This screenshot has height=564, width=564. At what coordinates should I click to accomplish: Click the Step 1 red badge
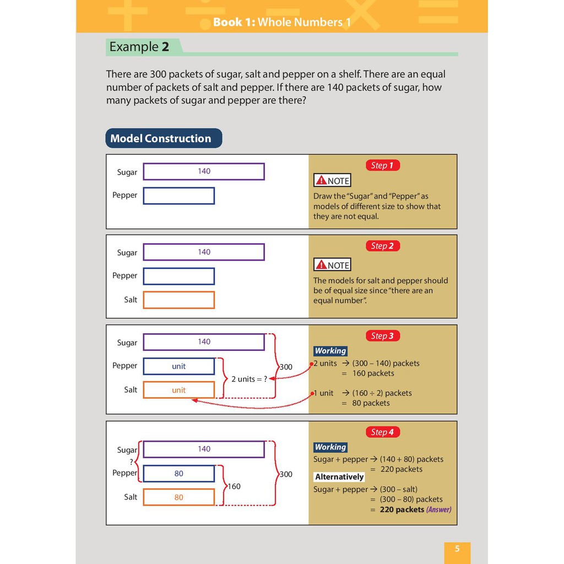point(382,165)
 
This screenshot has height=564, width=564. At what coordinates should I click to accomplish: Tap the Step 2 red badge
point(382,246)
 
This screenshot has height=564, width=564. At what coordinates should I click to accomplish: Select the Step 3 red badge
point(382,336)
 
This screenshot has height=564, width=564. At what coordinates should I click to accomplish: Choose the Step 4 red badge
point(382,432)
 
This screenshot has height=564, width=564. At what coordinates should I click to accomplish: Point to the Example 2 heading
point(139,47)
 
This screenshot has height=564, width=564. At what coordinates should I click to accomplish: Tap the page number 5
point(457,549)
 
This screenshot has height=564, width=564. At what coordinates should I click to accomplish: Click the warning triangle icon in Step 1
point(321,181)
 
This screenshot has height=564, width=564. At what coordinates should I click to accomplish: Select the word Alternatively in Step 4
point(339,477)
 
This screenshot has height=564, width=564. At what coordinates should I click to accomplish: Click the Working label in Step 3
point(330,351)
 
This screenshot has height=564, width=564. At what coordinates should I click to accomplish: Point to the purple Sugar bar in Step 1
point(204,171)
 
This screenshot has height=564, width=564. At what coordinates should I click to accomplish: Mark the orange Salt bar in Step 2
point(178,300)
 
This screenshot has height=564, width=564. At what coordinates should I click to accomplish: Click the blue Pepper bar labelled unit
point(178,366)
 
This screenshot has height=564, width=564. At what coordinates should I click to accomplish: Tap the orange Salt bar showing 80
point(178,497)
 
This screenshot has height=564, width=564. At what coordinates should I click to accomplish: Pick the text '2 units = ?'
point(248,379)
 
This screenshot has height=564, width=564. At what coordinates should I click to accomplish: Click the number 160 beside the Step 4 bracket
point(234,486)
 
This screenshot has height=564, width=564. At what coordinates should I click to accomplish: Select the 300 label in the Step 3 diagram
point(286,367)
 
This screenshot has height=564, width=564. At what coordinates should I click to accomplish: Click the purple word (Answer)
point(439,509)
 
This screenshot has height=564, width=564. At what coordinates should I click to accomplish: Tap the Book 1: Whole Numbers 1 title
point(281,23)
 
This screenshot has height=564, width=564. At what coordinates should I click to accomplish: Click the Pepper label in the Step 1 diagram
point(125,195)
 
